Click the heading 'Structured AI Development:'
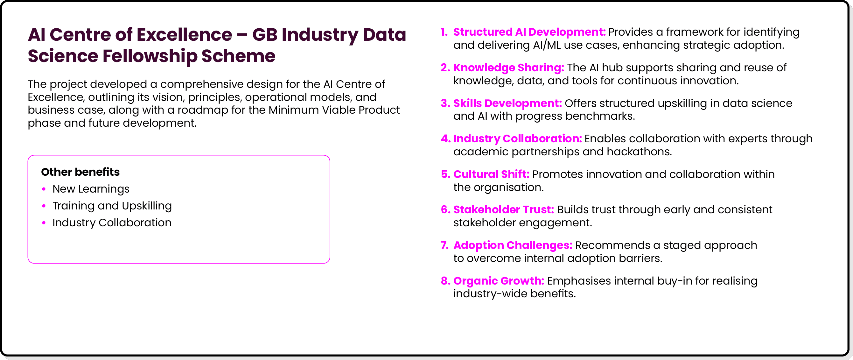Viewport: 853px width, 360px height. pos(529,32)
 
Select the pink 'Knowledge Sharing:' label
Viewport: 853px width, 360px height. pos(508,67)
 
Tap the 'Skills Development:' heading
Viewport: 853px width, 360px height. pos(507,103)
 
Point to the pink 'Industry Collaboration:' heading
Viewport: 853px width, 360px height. pos(517,139)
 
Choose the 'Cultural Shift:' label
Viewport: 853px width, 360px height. pos(491,174)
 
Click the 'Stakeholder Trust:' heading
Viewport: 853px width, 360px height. pos(503,210)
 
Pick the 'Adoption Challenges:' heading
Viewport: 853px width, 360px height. pos(513,245)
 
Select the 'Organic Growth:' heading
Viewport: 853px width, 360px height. pos(498,281)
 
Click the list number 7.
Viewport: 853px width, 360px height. pos(444,245)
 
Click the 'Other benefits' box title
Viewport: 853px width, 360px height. pos(80,172)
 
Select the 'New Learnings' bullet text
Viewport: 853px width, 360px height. pos(91,189)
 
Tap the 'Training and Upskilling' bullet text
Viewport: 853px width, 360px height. pos(112,206)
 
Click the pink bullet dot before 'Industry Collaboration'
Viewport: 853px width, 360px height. pos(44,223)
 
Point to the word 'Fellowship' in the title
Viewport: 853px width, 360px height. pos(150,56)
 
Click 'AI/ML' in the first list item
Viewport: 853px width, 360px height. pos(547,45)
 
